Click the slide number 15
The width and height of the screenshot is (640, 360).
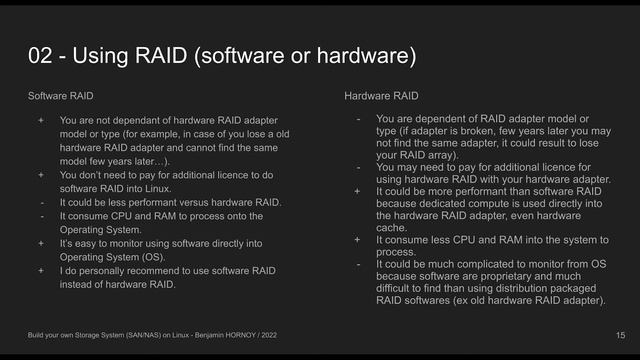point(620,333)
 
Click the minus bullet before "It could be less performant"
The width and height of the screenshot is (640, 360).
point(41,201)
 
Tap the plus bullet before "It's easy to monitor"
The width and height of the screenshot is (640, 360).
point(41,242)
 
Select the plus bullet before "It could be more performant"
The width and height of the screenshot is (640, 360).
point(358,187)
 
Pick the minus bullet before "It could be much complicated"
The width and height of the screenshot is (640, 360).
point(358,264)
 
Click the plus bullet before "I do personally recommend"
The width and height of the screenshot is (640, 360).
point(41,270)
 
